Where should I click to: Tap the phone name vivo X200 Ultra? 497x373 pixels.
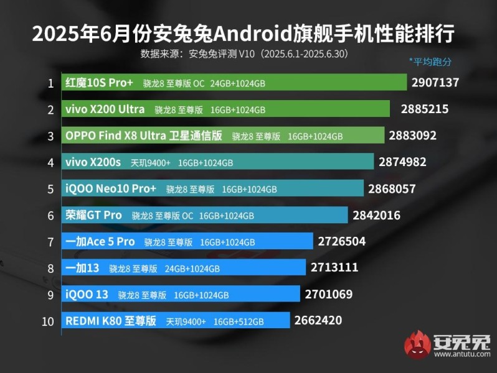pyautogui.click(x=105, y=109)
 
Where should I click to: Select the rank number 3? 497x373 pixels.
pyautogui.click(x=50, y=136)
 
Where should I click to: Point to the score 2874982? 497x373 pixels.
pyautogui.click(x=402, y=162)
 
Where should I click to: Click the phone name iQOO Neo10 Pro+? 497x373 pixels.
pyautogui.click(x=110, y=188)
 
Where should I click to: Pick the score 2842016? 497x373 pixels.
pyautogui.click(x=376, y=215)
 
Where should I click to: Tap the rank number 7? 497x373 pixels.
pyautogui.click(x=50, y=241)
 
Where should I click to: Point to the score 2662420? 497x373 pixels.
pyautogui.click(x=318, y=321)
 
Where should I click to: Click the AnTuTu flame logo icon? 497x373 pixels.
pyautogui.click(x=418, y=345)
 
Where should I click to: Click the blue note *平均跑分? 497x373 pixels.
pyautogui.click(x=430, y=62)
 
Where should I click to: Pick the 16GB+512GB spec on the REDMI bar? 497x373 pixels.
pyautogui.click(x=239, y=321)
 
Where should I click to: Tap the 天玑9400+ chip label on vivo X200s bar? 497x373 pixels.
pyautogui.click(x=151, y=163)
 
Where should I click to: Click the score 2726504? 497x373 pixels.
pyautogui.click(x=341, y=241)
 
